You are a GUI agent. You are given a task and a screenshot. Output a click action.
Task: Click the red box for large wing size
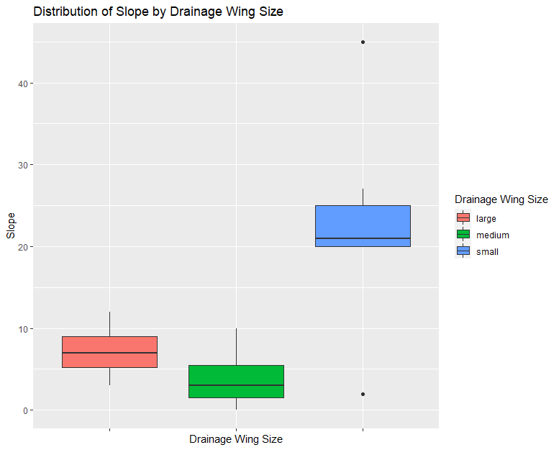point(109,344)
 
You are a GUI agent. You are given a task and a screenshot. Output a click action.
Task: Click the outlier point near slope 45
point(363,42)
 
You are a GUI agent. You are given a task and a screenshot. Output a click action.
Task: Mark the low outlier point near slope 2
point(363,394)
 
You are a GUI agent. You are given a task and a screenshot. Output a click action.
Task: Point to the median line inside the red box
point(109,353)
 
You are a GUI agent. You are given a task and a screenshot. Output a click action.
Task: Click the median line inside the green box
point(236,385)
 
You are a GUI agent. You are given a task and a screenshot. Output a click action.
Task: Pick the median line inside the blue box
point(363,238)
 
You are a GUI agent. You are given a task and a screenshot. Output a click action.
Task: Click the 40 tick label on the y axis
point(22,84)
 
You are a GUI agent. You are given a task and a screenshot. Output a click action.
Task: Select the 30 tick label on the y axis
point(22,165)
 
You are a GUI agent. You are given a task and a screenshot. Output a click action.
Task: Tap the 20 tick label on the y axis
point(22,247)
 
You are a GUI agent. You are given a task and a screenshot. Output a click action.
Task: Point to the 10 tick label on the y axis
point(22,329)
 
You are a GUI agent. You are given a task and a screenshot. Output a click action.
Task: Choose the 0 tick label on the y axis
point(24,410)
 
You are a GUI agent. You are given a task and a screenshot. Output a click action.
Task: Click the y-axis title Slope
point(10,226)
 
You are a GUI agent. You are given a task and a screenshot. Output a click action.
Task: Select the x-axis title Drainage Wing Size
point(235,438)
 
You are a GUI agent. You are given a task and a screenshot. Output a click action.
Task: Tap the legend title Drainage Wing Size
point(501,199)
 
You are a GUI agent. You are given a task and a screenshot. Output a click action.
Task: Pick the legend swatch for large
point(463,217)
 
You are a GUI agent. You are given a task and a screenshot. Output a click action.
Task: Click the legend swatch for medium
point(463,235)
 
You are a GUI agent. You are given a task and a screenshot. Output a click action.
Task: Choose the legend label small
point(487,252)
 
